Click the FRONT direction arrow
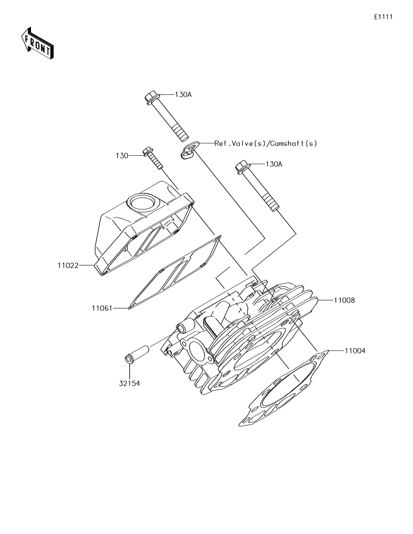[36, 43]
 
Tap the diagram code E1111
[383, 17]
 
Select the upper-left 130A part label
[183, 95]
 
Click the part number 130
[122, 155]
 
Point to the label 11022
[68, 265]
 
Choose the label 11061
[102, 308]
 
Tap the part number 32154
[130, 384]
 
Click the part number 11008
[344, 300]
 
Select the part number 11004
[355, 351]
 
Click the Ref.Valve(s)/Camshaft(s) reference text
[266, 143]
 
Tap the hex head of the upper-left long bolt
[152, 98]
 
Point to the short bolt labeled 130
[152, 159]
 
